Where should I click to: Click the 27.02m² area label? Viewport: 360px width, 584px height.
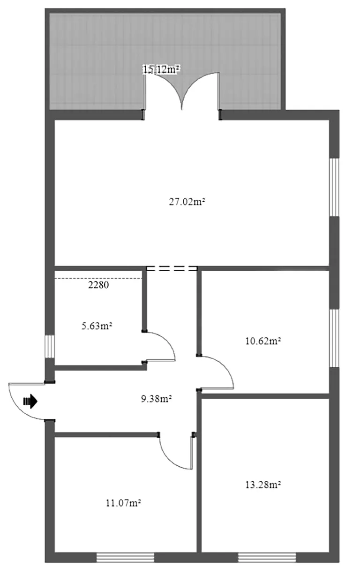187,202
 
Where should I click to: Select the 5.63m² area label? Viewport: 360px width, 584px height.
97,326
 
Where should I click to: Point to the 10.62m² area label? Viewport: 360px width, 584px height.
263,341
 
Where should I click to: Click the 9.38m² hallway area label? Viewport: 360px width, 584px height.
156,399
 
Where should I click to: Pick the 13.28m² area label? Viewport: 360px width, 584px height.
263,485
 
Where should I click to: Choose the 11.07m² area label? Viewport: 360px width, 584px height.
123,503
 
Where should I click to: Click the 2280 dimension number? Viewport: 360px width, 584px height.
98,285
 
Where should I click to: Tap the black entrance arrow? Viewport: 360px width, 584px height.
30,401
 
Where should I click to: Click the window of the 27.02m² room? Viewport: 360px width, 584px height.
334,187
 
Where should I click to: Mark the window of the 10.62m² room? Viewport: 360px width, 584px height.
334,338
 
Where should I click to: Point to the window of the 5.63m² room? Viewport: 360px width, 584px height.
50,347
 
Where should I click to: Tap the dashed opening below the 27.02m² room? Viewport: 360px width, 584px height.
172,268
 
